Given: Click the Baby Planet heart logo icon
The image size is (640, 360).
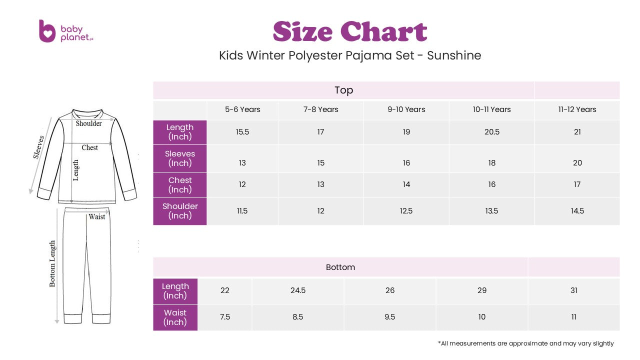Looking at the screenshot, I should pos(47,31).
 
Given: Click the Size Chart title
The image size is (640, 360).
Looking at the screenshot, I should pos(349,31).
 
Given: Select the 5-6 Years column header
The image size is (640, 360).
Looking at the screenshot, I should pos(242,109).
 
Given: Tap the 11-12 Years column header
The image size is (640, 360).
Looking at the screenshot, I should pos(577,109).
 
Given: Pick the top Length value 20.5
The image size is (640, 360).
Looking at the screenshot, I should pos(491,132).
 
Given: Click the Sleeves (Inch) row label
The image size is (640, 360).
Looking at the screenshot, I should pos(180,158).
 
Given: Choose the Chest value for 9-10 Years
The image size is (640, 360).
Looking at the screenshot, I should pos(406,184).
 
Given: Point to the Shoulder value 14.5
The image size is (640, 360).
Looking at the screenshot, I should pos(577,211).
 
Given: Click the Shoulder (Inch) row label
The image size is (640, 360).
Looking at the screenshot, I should pos(180,211).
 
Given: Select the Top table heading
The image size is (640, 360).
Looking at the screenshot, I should pos(343,90).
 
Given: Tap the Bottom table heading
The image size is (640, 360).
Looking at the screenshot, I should pos(340,267).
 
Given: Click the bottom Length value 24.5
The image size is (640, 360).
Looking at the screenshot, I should pos(298,290).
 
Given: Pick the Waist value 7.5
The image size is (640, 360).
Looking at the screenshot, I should pos(225,317).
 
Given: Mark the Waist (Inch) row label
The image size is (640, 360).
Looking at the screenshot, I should pos(175,317).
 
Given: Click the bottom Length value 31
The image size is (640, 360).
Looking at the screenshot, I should pos(573,290).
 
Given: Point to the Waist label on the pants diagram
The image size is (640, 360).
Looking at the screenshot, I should pos(97,216).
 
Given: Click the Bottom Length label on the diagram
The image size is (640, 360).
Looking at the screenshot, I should pos(52,263).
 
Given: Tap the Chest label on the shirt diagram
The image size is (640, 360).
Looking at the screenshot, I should pos(90,147).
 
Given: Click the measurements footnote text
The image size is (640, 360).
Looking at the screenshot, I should pos(525,343).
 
